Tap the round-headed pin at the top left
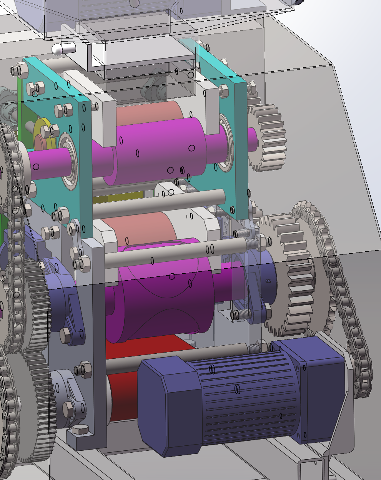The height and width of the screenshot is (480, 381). [x=58, y=49]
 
